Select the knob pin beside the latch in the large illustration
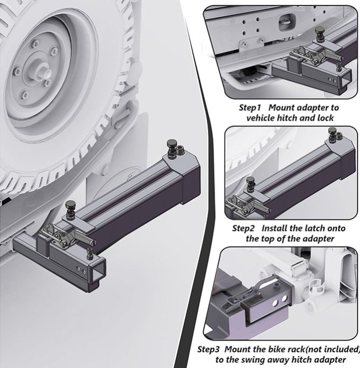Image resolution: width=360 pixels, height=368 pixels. [x=71, y=208]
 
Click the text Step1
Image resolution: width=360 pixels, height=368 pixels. [x=250, y=107]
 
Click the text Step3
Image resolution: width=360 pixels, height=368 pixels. [x=209, y=349]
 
